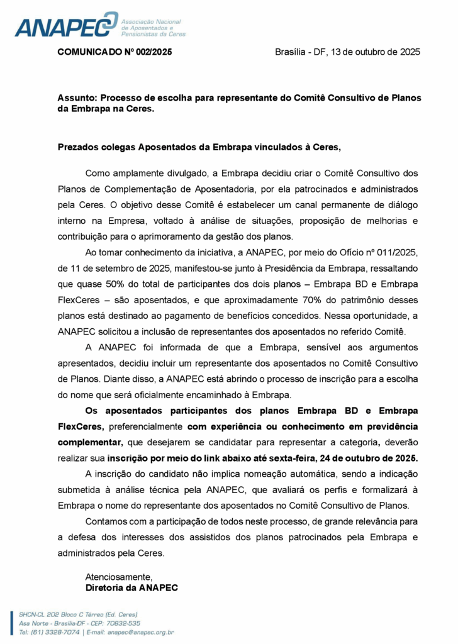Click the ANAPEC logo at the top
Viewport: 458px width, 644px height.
[x=66, y=25]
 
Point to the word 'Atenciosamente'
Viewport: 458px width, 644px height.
[x=119, y=576]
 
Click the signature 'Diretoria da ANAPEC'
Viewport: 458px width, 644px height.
[x=132, y=588]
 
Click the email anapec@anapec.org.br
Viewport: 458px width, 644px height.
[x=141, y=631]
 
